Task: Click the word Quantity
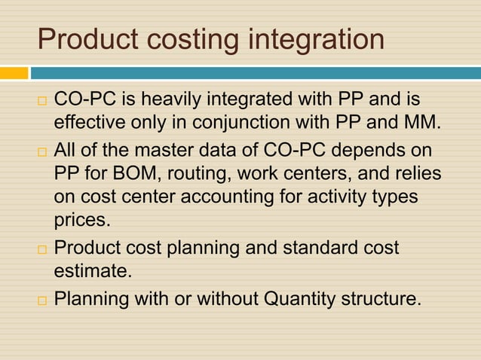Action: [299, 299]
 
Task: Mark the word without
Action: [225, 299]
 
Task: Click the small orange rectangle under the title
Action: [14, 73]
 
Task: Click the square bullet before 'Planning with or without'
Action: [44, 301]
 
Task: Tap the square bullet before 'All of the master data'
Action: [44, 151]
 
